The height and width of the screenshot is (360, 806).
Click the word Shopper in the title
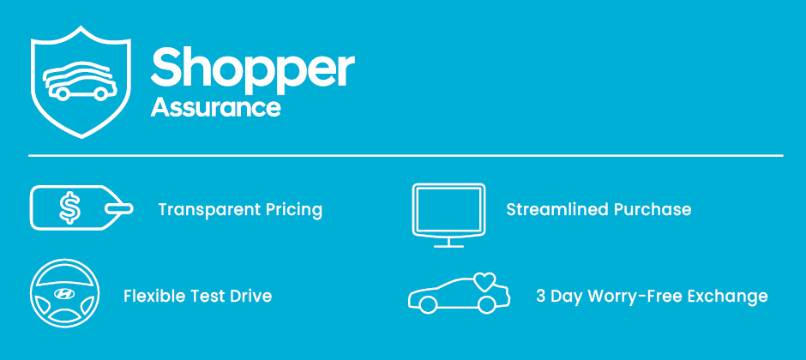click(x=252, y=69)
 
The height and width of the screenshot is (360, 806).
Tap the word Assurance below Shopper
click(x=216, y=107)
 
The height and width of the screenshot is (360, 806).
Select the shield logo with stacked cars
click(x=81, y=82)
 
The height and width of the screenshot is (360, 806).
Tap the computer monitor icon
click(x=448, y=215)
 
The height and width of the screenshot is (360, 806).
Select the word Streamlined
click(x=556, y=209)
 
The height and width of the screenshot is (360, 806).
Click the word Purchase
click(x=653, y=209)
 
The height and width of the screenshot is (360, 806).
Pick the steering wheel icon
click(x=65, y=294)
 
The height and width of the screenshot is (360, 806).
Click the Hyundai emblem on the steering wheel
click(x=64, y=294)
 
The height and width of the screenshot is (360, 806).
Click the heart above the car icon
click(x=484, y=281)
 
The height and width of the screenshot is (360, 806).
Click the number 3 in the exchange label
click(x=541, y=297)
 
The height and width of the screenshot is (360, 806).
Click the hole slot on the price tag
click(x=118, y=208)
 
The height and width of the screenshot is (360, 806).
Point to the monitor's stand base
click(x=448, y=246)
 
